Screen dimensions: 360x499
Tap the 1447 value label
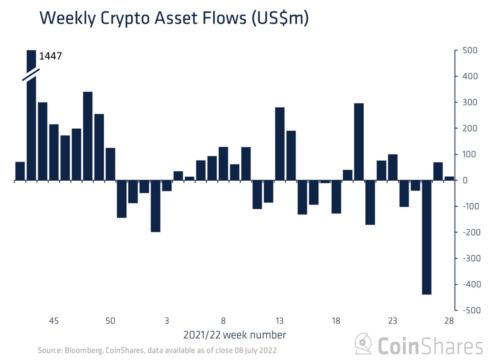[x=51, y=57]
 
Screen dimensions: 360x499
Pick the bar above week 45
[x=54, y=152]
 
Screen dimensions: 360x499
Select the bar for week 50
[x=110, y=164]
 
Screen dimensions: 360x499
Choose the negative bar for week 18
[x=336, y=197]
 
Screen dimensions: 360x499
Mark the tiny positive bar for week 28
[x=449, y=178]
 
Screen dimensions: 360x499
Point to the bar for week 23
[x=393, y=167]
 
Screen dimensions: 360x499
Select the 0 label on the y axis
[x=465, y=180]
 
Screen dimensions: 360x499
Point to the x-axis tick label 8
[x=223, y=321]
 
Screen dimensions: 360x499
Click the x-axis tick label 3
[x=166, y=321]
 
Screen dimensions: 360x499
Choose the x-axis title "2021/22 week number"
[x=234, y=335]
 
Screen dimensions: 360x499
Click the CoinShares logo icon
[x=363, y=344]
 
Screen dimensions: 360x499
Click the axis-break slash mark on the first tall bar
[x=31, y=74]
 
